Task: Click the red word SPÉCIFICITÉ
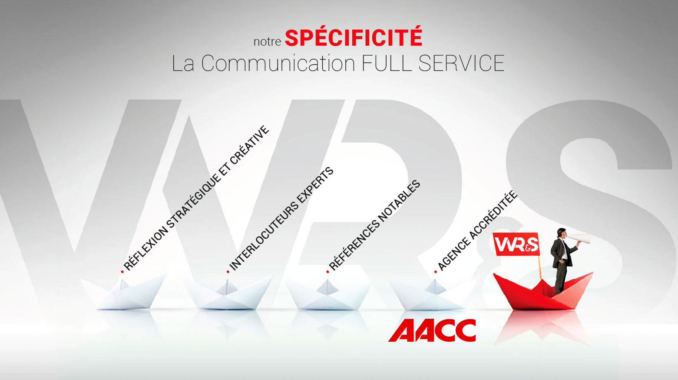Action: [354, 37]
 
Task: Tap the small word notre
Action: [267, 42]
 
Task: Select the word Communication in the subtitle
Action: [278, 63]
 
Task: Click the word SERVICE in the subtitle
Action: [462, 63]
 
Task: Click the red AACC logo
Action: [432, 330]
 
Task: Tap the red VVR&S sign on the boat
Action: [516, 244]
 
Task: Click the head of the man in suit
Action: [562, 233]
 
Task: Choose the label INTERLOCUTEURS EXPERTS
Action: [281, 219]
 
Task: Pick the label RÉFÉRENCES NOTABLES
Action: [375, 226]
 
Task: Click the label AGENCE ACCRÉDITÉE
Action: [477, 230]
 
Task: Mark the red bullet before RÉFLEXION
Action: [122, 272]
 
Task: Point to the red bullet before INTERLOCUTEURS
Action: [228, 272]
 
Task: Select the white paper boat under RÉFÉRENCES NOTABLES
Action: [328, 293]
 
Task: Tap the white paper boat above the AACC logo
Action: [433, 293]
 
